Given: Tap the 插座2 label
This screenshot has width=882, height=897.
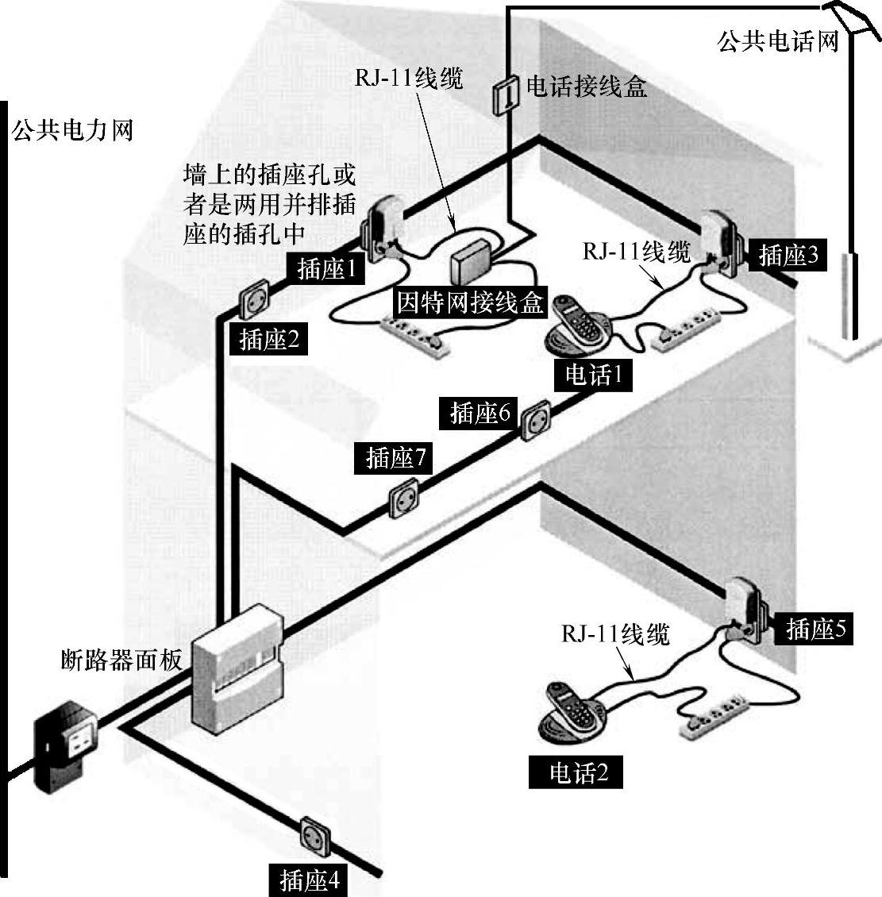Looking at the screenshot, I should coord(268,340).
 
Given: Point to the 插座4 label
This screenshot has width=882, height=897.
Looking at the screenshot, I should coord(309,880).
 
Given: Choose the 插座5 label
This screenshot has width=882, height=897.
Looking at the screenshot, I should coord(815,629).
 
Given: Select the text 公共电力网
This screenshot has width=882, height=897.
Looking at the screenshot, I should coord(72,129).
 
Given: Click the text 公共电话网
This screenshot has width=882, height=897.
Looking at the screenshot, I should coord(778,40).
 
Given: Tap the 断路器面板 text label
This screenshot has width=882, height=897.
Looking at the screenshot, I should coord(122,658).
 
